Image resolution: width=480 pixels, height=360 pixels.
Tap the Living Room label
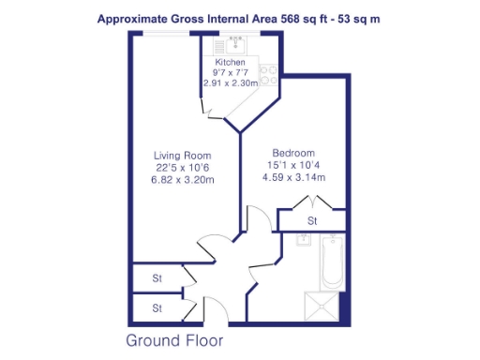click(x=183, y=155)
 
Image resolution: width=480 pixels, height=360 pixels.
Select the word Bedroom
click(x=293, y=153)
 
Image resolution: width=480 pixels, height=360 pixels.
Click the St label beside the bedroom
click(x=312, y=221)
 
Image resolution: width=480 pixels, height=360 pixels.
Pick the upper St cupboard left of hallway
click(x=158, y=278)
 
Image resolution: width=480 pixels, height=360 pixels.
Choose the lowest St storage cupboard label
click(x=158, y=307)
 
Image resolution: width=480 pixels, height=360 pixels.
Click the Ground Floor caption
click(x=174, y=339)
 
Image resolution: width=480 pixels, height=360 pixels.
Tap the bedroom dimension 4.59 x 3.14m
click(x=293, y=177)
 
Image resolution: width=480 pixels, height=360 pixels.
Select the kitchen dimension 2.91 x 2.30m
click(x=230, y=83)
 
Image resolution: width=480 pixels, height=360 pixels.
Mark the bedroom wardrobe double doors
click(x=311, y=202)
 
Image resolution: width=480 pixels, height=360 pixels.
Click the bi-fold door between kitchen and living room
click(x=214, y=112)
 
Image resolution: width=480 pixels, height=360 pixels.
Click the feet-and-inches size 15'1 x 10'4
click(x=293, y=165)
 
